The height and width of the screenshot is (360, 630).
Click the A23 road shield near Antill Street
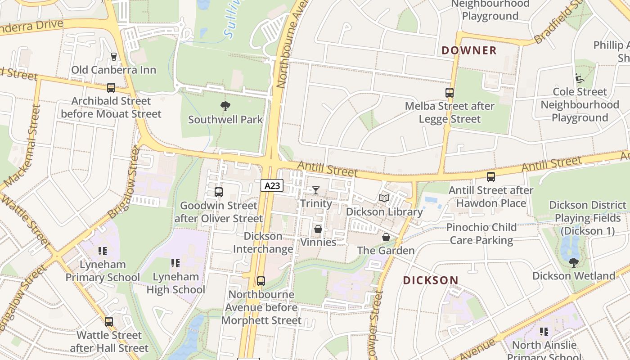click(x=272, y=185)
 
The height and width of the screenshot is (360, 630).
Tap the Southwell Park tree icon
click(x=225, y=107)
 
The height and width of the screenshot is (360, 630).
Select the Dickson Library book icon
click(x=384, y=198)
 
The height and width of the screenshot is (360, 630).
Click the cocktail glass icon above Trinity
click(x=316, y=190)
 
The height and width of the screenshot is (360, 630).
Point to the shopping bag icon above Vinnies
click(x=318, y=229)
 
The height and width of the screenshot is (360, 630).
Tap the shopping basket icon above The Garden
click(x=386, y=237)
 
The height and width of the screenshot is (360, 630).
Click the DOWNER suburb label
click(x=469, y=50)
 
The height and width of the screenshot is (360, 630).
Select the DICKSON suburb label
click(x=431, y=280)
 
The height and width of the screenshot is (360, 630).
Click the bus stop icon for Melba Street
click(x=449, y=93)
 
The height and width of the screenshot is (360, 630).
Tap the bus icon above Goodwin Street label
click(x=219, y=192)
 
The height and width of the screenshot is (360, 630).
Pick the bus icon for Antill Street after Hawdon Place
click(x=491, y=177)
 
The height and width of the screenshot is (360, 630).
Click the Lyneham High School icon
click(x=175, y=263)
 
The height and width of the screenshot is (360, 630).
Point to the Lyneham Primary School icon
click(x=103, y=251)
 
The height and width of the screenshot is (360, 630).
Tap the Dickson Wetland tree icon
click(x=573, y=262)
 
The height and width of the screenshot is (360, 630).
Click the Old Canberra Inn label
click(x=114, y=70)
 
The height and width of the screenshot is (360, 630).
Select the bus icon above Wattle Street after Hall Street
click(x=109, y=322)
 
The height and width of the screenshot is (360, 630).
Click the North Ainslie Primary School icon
click(x=544, y=332)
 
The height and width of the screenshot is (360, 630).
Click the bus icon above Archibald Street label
click(x=111, y=88)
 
